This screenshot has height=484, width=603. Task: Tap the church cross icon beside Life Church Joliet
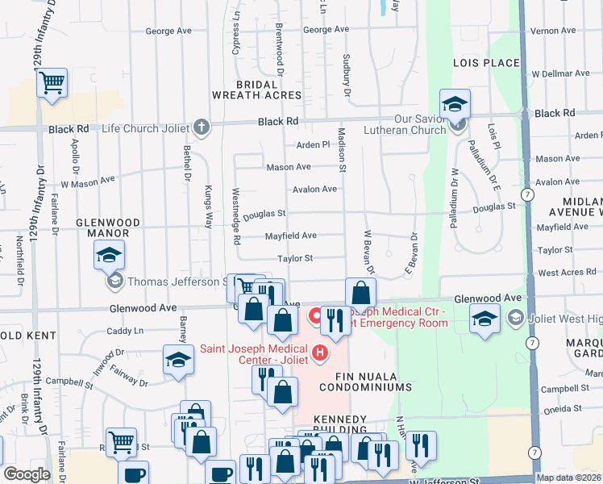click(x=202, y=127)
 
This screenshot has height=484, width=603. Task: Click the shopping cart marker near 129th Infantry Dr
click(x=52, y=82)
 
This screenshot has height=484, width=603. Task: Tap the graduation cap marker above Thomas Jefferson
click(x=110, y=256)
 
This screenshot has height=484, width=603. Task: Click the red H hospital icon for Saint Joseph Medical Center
click(x=321, y=353)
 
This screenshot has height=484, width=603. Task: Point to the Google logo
click(x=27, y=474)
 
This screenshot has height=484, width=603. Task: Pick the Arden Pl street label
click(x=314, y=145)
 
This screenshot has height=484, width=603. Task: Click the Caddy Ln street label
click(x=125, y=331)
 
